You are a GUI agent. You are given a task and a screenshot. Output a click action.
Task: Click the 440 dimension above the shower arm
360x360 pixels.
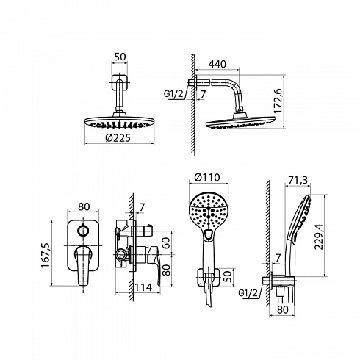pos(217,64)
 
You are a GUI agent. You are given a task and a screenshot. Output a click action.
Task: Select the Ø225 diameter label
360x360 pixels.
pos(118,138)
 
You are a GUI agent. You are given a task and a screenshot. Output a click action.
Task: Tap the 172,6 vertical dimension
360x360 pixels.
pos(278,101)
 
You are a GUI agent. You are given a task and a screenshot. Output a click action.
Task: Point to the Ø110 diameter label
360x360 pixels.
pos(207,177)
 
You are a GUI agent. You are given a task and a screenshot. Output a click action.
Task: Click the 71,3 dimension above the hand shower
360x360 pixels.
pos(298,180)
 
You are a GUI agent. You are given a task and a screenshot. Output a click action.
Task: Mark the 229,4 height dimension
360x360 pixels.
pos(319,237)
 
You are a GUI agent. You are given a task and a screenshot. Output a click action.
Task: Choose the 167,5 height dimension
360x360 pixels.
pos(46,255)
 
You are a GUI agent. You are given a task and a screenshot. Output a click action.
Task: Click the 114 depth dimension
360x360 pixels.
pos(143,287)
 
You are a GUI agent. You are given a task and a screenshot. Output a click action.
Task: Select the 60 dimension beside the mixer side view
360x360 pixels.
pos(167,243)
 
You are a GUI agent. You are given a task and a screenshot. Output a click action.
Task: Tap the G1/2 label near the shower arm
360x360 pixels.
pos(173,94)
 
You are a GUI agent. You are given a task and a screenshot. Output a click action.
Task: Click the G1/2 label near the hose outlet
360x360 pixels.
pos(248,293)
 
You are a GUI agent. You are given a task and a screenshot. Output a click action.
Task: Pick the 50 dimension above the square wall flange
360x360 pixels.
pos(120,57)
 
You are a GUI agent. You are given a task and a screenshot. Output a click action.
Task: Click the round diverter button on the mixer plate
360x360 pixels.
pos(83,231)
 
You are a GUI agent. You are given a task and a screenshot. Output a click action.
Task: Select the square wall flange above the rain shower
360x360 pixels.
pos(120,82)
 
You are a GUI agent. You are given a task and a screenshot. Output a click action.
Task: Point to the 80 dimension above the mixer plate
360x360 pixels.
pos(84,206)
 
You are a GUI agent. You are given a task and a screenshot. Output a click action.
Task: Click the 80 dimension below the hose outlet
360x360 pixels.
pos(283,309)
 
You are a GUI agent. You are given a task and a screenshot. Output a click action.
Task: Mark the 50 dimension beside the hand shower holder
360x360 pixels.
pos(228,276)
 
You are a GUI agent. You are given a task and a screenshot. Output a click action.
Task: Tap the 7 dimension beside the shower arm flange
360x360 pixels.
pos(203,94)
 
